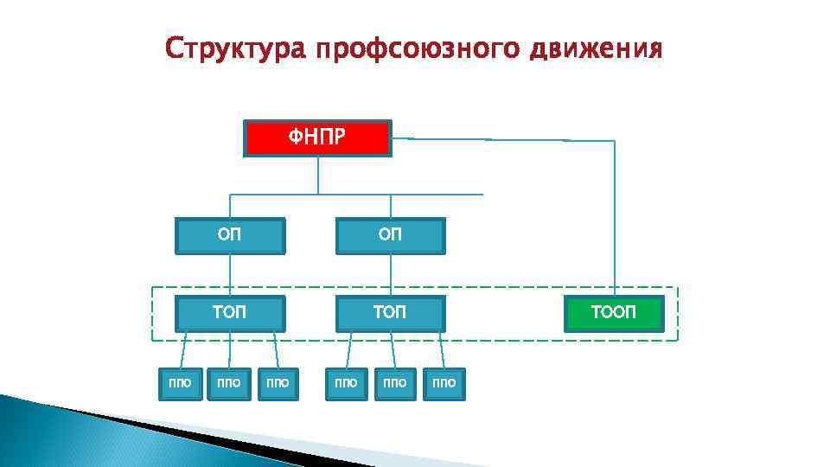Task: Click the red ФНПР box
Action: [317, 138]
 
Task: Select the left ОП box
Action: [229, 235]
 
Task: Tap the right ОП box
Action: [390, 235]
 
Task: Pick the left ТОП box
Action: [229, 313]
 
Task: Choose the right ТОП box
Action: [390, 313]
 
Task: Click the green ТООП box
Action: [614, 313]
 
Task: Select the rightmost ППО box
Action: [444, 383]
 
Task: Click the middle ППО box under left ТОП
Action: [229, 383]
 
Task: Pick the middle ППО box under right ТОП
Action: [394, 383]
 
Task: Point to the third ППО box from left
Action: [278, 383]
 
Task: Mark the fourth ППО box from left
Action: [345, 383]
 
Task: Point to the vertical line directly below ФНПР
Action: [317, 175]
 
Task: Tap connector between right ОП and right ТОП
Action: [390, 275]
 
